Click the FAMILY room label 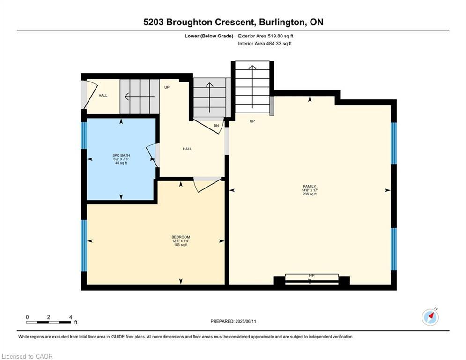point(310,186)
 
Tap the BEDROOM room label point(181,237)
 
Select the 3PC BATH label point(121,155)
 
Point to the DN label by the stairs point(216,126)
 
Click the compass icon point(430,317)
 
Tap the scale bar point(49,322)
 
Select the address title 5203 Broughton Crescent point(233,22)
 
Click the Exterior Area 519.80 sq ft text point(266,36)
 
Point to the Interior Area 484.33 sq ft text point(265,44)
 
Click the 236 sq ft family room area point(310,194)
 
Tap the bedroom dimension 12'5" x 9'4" point(181,241)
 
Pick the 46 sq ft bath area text point(121,163)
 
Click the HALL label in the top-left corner point(103,96)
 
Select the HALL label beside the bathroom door point(187,149)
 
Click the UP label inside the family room point(252,121)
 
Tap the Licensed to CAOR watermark point(28,356)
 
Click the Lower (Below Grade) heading point(209,36)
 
